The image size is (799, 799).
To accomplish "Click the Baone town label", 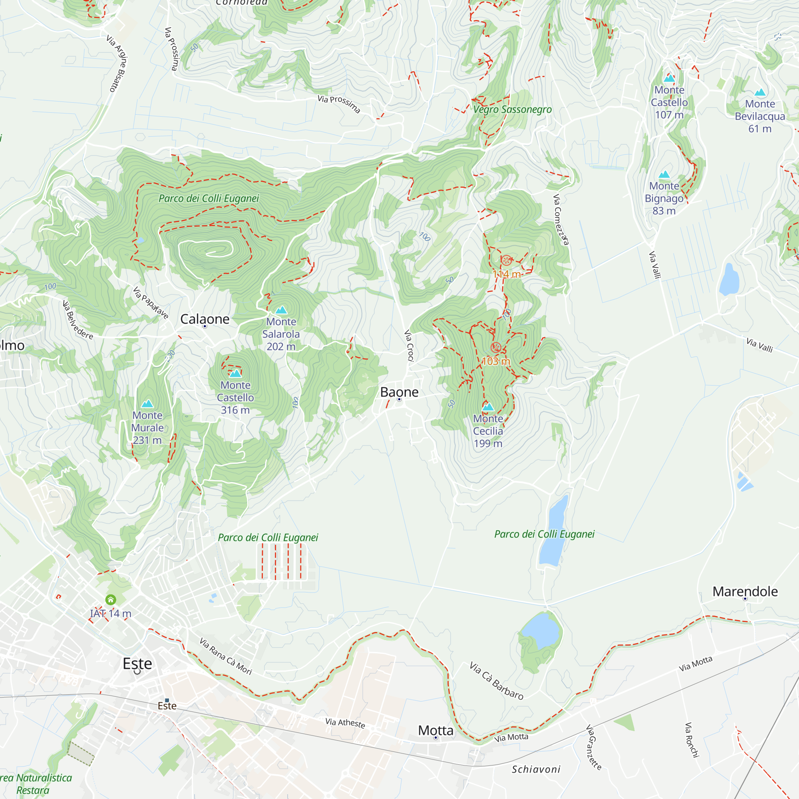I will click(399, 392).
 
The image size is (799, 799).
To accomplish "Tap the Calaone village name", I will click(205, 319).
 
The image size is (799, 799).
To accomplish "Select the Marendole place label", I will click(745, 591).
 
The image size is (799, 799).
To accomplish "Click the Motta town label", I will click(435, 730).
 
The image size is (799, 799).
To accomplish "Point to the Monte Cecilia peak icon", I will click(488, 407).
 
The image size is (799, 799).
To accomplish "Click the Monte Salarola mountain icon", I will click(281, 310).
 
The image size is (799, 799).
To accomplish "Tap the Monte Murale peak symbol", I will click(147, 403).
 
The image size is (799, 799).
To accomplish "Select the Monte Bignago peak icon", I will click(664, 174).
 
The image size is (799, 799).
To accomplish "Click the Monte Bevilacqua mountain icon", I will click(760, 92).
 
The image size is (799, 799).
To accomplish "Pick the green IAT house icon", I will click(110, 600).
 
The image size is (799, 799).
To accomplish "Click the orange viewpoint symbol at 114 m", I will click(506, 260).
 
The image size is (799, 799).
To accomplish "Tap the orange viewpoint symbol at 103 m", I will click(496, 348).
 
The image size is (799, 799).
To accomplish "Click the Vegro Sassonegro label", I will click(513, 109).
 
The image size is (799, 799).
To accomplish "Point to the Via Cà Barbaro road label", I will click(496, 681).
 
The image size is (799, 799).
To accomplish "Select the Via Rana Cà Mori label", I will click(225, 656).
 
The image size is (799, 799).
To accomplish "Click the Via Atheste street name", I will click(345, 723).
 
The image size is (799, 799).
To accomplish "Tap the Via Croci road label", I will click(409, 345).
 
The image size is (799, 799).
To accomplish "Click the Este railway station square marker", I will click(167, 700).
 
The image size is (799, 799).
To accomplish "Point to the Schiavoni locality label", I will click(536, 769).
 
